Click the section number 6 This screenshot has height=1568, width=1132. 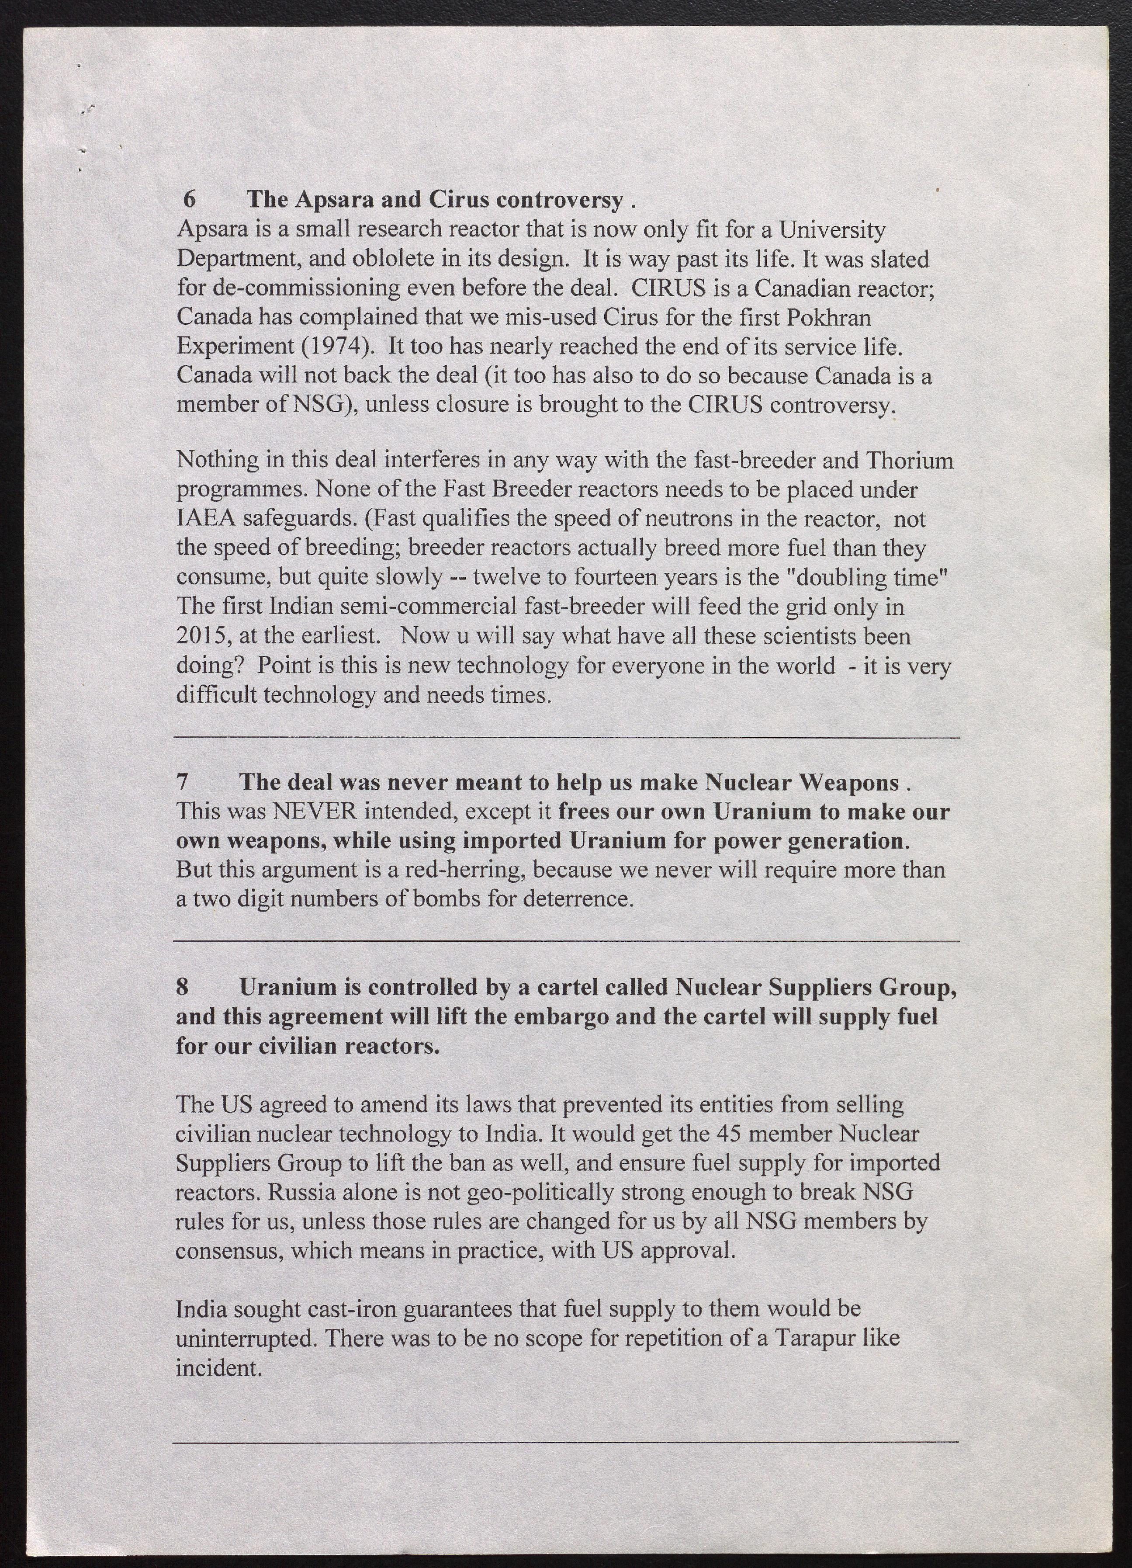(189, 199)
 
